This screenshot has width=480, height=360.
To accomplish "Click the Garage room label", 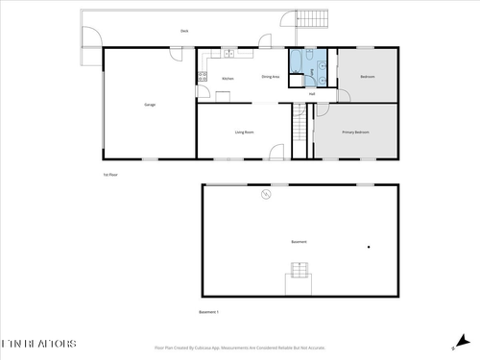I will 150,105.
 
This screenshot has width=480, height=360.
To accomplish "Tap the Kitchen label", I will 228,79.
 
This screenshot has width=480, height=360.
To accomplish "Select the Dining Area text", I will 270,77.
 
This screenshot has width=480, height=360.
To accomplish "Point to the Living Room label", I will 244,132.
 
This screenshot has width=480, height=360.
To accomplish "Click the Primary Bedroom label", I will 355,132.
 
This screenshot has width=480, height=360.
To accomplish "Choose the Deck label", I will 183,32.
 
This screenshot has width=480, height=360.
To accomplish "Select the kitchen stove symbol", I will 204,72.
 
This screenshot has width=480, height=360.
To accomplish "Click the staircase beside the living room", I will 300,131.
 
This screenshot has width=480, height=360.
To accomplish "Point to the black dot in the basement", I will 368,248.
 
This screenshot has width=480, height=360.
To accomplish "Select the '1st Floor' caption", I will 109,175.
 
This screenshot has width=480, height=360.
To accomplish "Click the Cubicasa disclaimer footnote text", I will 240,348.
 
